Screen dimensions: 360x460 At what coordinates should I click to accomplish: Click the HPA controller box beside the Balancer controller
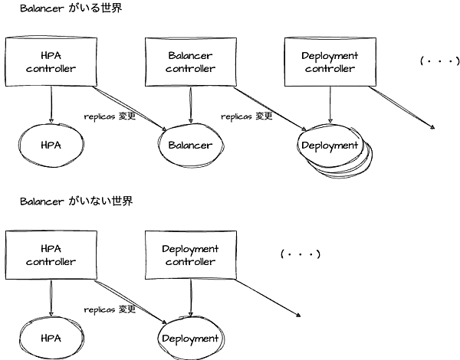[51, 62]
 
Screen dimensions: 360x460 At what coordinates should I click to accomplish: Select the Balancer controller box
[191, 62]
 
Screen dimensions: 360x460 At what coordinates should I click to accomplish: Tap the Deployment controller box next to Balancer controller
[330, 62]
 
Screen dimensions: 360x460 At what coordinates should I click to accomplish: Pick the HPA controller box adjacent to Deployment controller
[51, 255]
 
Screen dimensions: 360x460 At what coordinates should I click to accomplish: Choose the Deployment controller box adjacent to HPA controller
[191, 255]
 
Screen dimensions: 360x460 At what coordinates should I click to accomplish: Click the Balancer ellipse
[190, 146]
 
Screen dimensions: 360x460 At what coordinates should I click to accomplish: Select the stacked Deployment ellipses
[331, 146]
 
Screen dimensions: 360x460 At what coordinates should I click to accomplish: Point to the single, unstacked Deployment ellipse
[190, 339]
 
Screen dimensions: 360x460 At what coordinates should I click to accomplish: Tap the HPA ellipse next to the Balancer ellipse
[51, 146]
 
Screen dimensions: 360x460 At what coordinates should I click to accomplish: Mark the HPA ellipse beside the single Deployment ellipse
[51, 339]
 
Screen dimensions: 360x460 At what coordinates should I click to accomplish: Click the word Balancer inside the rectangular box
[191, 56]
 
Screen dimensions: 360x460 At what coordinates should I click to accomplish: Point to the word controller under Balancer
[191, 69]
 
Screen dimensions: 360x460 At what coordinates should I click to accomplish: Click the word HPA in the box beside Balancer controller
[51, 56]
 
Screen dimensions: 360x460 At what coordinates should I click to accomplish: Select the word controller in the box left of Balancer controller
[51, 69]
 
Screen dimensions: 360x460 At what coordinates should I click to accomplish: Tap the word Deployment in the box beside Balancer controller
[330, 56]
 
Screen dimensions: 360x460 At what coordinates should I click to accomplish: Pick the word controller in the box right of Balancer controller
[330, 69]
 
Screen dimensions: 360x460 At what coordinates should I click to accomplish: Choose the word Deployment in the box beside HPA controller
[191, 249]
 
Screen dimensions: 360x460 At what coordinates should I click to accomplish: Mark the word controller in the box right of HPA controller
[191, 262]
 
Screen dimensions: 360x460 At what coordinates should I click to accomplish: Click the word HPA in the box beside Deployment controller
[51, 249]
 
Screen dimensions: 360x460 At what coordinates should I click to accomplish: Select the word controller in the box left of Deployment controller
[51, 262]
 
